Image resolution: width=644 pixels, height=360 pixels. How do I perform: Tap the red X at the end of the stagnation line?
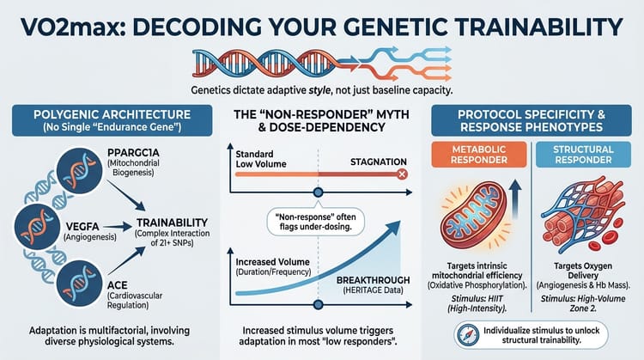[400, 174]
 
